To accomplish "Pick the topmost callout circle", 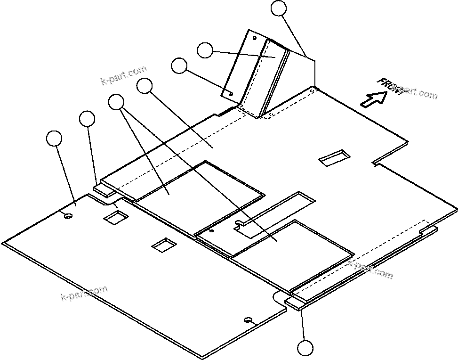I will point(280,8).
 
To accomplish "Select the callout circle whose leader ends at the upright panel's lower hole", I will point(179,65).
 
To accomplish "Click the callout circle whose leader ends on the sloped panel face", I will point(205,50).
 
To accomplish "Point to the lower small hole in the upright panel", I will point(231,93).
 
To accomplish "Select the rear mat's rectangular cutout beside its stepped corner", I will point(116,217).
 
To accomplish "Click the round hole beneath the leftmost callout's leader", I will point(68,216).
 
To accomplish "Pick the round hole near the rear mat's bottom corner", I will point(248,320).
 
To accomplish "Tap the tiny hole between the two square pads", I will point(211,231).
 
